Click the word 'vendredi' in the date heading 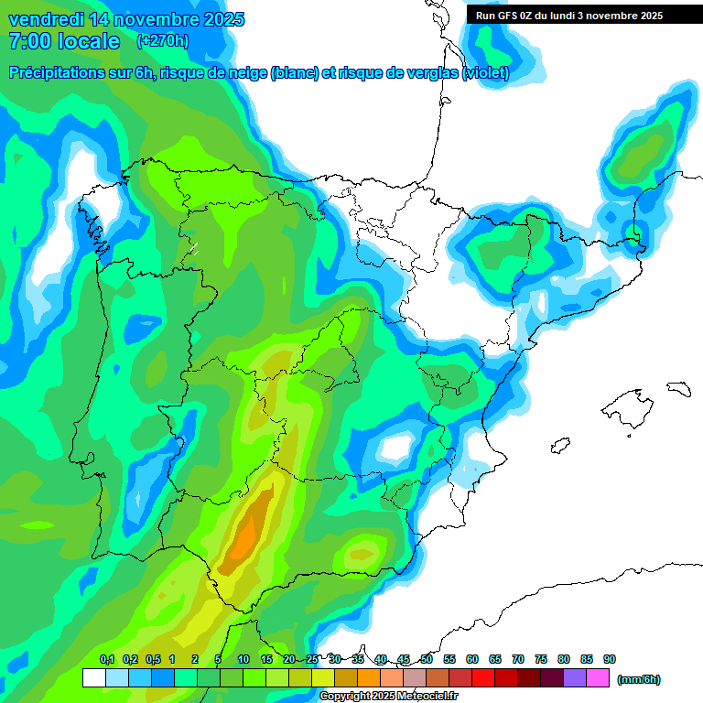(46, 19)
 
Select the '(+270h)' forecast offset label (162, 40)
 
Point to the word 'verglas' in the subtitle (425, 73)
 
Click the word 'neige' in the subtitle (242, 73)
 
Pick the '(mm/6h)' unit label (639, 679)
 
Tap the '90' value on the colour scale (610, 659)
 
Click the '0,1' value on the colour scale (107, 659)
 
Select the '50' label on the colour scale (427, 659)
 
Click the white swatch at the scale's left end (93, 678)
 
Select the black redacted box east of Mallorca (677, 389)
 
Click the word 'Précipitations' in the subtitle (57, 73)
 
